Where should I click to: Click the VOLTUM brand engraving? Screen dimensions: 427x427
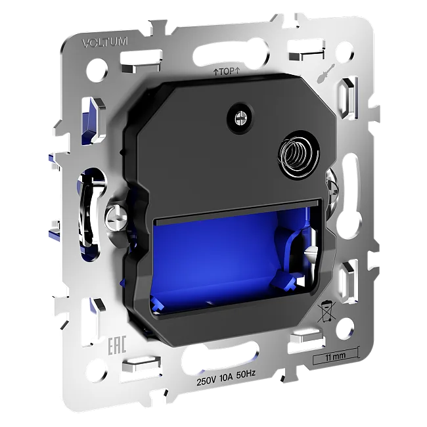(x=105, y=43)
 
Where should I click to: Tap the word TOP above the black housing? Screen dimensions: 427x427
(x=226, y=72)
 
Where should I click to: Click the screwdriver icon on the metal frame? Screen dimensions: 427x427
(x=326, y=74)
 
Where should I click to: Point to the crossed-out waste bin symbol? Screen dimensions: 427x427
(x=326, y=311)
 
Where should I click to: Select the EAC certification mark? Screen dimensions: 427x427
(x=118, y=346)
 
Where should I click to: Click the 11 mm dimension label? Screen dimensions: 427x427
(x=336, y=356)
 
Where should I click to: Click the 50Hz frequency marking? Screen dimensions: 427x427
(x=246, y=374)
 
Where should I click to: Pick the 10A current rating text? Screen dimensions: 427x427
(x=226, y=378)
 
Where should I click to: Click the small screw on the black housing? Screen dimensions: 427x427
(x=240, y=118)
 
